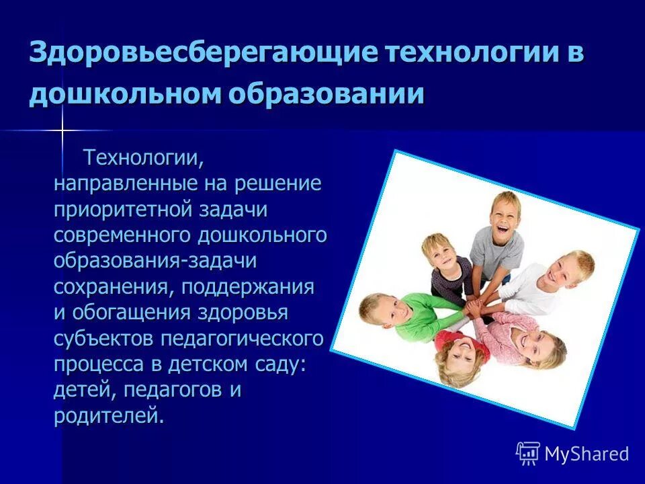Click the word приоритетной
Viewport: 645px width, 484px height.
[124, 209]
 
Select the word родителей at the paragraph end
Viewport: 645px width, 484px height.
[107, 415]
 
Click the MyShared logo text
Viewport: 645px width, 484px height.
[587, 454]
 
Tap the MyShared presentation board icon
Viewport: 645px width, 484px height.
[528, 454]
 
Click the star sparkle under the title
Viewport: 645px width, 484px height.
[61, 130]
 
